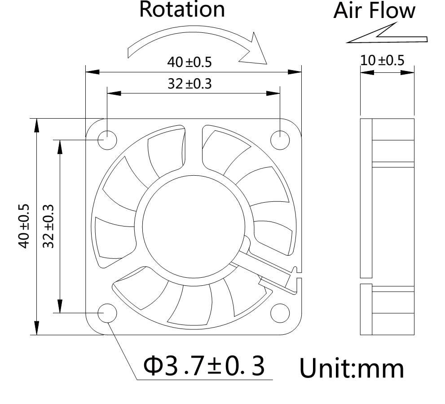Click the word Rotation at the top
point(182,10)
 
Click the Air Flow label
point(374,11)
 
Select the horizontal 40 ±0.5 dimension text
point(189,62)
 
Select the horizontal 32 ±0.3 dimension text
point(189,84)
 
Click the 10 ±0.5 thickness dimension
point(382,60)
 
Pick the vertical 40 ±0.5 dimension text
point(24,226)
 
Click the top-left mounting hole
point(107,139)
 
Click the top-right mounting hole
point(280,139)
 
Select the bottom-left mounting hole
point(107,312)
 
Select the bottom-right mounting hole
point(280,312)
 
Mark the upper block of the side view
point(387,198)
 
